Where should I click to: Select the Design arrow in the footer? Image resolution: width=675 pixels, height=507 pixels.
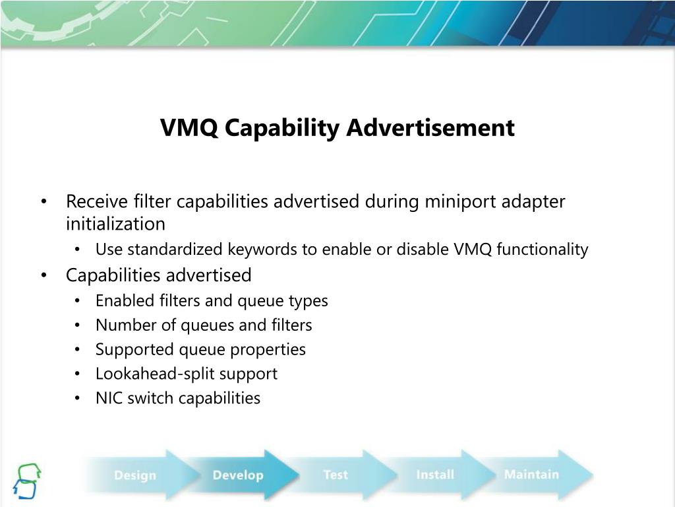[135, 475]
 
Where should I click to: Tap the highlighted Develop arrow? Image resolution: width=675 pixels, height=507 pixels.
[238, 475]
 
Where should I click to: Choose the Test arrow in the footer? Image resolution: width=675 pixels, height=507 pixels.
[336, 475]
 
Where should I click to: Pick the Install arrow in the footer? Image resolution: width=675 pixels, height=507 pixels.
[435, 475]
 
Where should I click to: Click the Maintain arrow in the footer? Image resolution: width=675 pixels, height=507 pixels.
[531, 474]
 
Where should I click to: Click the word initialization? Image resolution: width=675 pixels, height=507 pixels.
[115, 224]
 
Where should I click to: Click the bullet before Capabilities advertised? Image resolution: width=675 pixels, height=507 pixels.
[44, 275]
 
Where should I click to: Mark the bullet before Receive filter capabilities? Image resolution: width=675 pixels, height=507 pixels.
[44, 202]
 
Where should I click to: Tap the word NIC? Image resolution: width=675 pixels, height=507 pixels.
[107, 398]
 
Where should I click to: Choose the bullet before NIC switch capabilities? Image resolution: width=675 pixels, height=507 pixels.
[78, 399]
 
